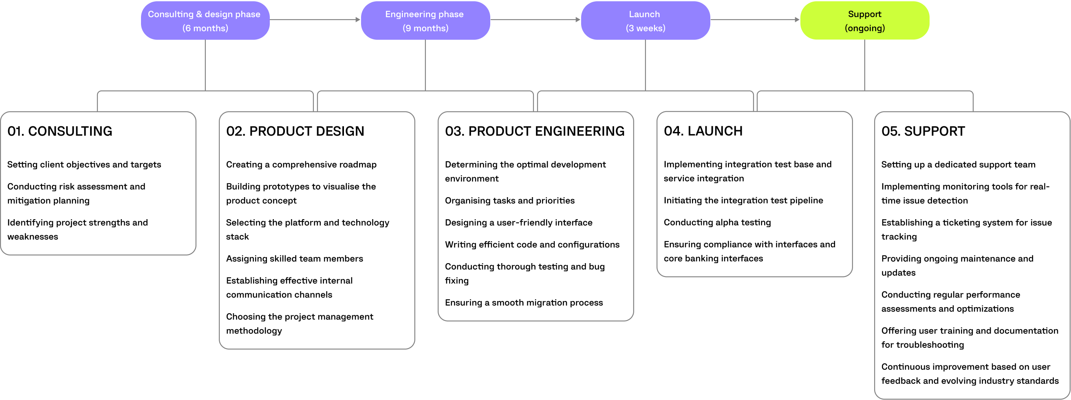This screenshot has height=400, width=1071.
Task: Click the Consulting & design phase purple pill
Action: pos(205,21)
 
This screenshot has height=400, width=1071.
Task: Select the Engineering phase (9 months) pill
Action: pos(425,21)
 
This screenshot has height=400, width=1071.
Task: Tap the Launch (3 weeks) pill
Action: pos(645,21)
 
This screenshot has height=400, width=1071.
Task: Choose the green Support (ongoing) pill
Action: pos(864,21)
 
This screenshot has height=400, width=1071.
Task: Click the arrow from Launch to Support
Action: pos(755,20)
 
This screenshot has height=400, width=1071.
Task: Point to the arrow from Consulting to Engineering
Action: pos(315,20)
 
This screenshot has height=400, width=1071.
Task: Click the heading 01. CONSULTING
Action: pos(60,131)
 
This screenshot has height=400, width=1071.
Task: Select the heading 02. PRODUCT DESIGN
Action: pos(295,131)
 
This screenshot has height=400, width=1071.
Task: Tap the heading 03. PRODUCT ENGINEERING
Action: pos(534,131)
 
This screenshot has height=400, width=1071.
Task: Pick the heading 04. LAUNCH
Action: pos(703,131)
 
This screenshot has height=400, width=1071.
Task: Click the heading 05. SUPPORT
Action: pos(923,131)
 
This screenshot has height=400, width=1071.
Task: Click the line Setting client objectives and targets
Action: pos(84,165)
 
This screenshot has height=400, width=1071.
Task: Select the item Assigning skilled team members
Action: pos(294,259)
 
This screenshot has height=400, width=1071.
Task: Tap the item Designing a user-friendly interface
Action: pos(518,223)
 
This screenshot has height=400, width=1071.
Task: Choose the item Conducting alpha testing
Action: pos(717,222)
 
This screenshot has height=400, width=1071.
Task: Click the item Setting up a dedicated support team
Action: pos(958,165)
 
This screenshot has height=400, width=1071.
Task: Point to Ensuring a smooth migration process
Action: pos(523,303)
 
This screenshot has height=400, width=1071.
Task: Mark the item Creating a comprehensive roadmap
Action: pos(301,165)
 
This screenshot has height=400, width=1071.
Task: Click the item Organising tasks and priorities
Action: pos(509,201)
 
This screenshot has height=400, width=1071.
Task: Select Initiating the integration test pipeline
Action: pos(743,200)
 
